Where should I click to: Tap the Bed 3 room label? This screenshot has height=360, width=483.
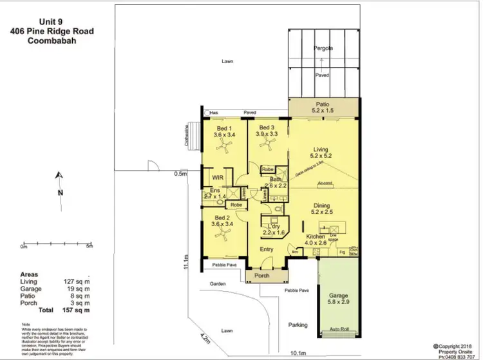tap(267, 131)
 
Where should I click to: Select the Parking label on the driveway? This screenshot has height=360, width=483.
tap(298, 325)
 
